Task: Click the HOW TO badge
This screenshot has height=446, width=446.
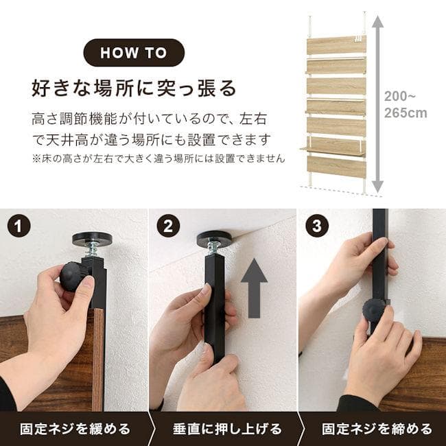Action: click(x=134, y=53)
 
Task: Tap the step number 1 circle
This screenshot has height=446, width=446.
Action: click(x=19, y=226)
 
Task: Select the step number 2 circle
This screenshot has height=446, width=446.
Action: click(x=168, y=226)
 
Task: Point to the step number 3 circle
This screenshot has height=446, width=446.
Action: click(x=317, y=226)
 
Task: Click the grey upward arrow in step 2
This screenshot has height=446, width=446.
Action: click(x=254, y=288)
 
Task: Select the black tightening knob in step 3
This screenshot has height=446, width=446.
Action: click(x=375, y=310)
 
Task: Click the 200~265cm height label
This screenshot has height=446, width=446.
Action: click(x=406, y=105)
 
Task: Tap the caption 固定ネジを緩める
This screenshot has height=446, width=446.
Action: click(x=75, y=429)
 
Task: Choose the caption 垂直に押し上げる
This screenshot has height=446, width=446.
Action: click(x=227, y=429)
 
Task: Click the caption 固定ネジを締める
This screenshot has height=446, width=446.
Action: click(x=377, y=429)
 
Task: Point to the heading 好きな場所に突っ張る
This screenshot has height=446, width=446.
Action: click(x=134, y=89)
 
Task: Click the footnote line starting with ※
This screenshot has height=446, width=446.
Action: click(x=159, y=159)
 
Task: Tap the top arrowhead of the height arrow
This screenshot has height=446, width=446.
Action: click(x=377, y=21)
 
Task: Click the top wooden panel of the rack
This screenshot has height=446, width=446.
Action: click(x=336, y=45)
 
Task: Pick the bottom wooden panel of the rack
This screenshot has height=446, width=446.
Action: click(x=336, y=166)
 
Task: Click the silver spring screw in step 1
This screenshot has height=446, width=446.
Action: click(x=93, y=251)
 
